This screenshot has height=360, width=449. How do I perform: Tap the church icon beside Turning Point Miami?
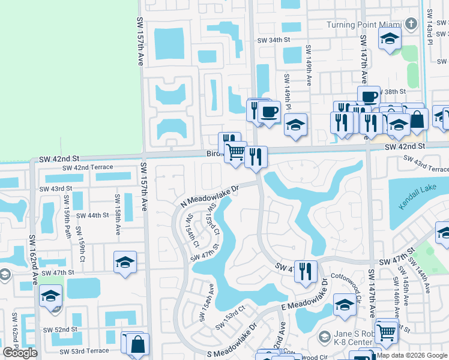411,25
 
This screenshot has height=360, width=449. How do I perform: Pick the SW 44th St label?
89,215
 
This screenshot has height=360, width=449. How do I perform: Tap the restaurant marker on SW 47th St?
306,271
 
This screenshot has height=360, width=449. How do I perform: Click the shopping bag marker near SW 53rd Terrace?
137,344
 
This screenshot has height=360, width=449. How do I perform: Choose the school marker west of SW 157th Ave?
125,262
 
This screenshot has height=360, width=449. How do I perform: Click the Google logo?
20,353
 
